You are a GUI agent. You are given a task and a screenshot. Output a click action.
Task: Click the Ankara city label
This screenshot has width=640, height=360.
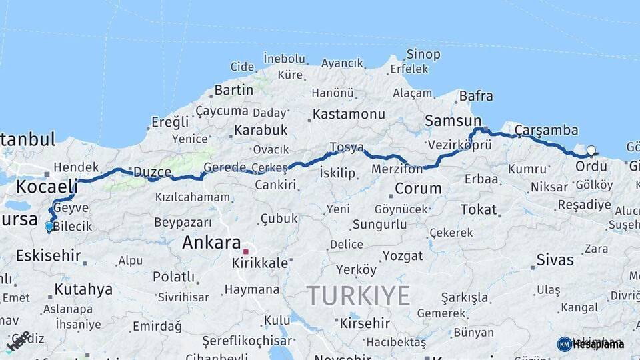click(x=211, y=243)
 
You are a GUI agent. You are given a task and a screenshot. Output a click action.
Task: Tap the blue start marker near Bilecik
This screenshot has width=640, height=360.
click(x=49, y=227)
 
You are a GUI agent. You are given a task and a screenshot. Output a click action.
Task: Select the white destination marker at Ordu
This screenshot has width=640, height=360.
click(x=591, y=151)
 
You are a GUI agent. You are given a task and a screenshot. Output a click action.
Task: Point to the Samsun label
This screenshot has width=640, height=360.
click(x=453, y=121)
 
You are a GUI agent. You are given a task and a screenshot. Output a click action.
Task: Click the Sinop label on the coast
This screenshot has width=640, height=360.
click(x=423, y=55)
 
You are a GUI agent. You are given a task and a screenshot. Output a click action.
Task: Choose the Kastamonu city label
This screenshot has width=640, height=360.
click(x=349, y=114)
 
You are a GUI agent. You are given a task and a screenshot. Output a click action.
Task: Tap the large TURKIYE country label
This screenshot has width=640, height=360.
click(x=358, y=295)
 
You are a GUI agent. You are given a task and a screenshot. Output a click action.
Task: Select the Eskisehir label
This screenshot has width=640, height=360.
click(x=48, y=255)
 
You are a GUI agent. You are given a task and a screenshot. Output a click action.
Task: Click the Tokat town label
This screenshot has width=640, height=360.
click(x=479, y=210)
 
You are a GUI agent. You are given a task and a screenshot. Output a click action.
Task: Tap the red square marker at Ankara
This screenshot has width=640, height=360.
click(x=245, y=252)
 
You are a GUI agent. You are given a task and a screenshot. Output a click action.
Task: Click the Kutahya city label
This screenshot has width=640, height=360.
click(x=83, y=289)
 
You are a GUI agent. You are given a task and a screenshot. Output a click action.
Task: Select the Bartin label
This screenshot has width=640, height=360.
click(x=234, y=89)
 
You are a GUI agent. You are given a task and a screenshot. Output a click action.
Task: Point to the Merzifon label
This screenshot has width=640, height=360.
click(x=397, y=169)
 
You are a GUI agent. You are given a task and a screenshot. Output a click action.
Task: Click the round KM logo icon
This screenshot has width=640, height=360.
click(x=564, y=344)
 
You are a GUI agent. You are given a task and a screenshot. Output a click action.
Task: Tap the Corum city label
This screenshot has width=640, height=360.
click(x=419, y=189)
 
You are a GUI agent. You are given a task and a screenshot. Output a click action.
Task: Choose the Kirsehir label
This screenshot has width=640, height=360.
click(x=365, y=323)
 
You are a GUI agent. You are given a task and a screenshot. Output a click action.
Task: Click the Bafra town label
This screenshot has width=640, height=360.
click(x=476, y=97)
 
